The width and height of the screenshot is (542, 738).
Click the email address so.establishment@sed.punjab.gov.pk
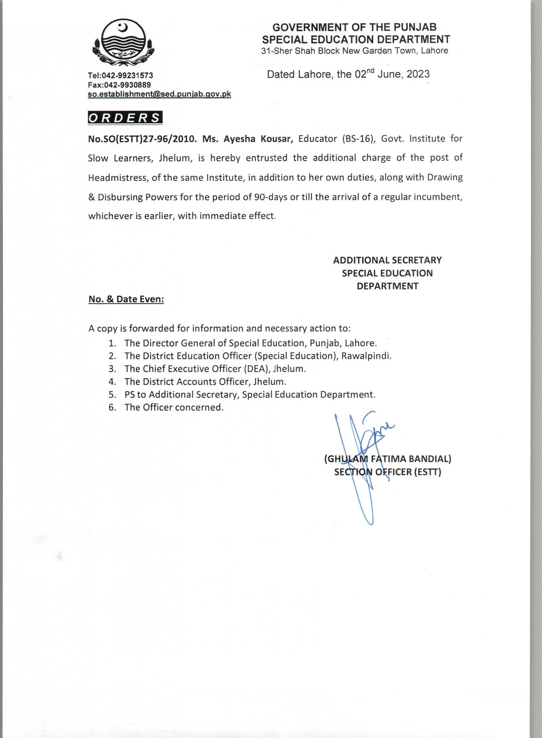pos(159,94)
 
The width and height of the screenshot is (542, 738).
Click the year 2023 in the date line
pos(418,74)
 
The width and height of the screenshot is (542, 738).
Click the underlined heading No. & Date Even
pos(126,299)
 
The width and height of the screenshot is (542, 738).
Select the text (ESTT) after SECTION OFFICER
pos(428,472)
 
